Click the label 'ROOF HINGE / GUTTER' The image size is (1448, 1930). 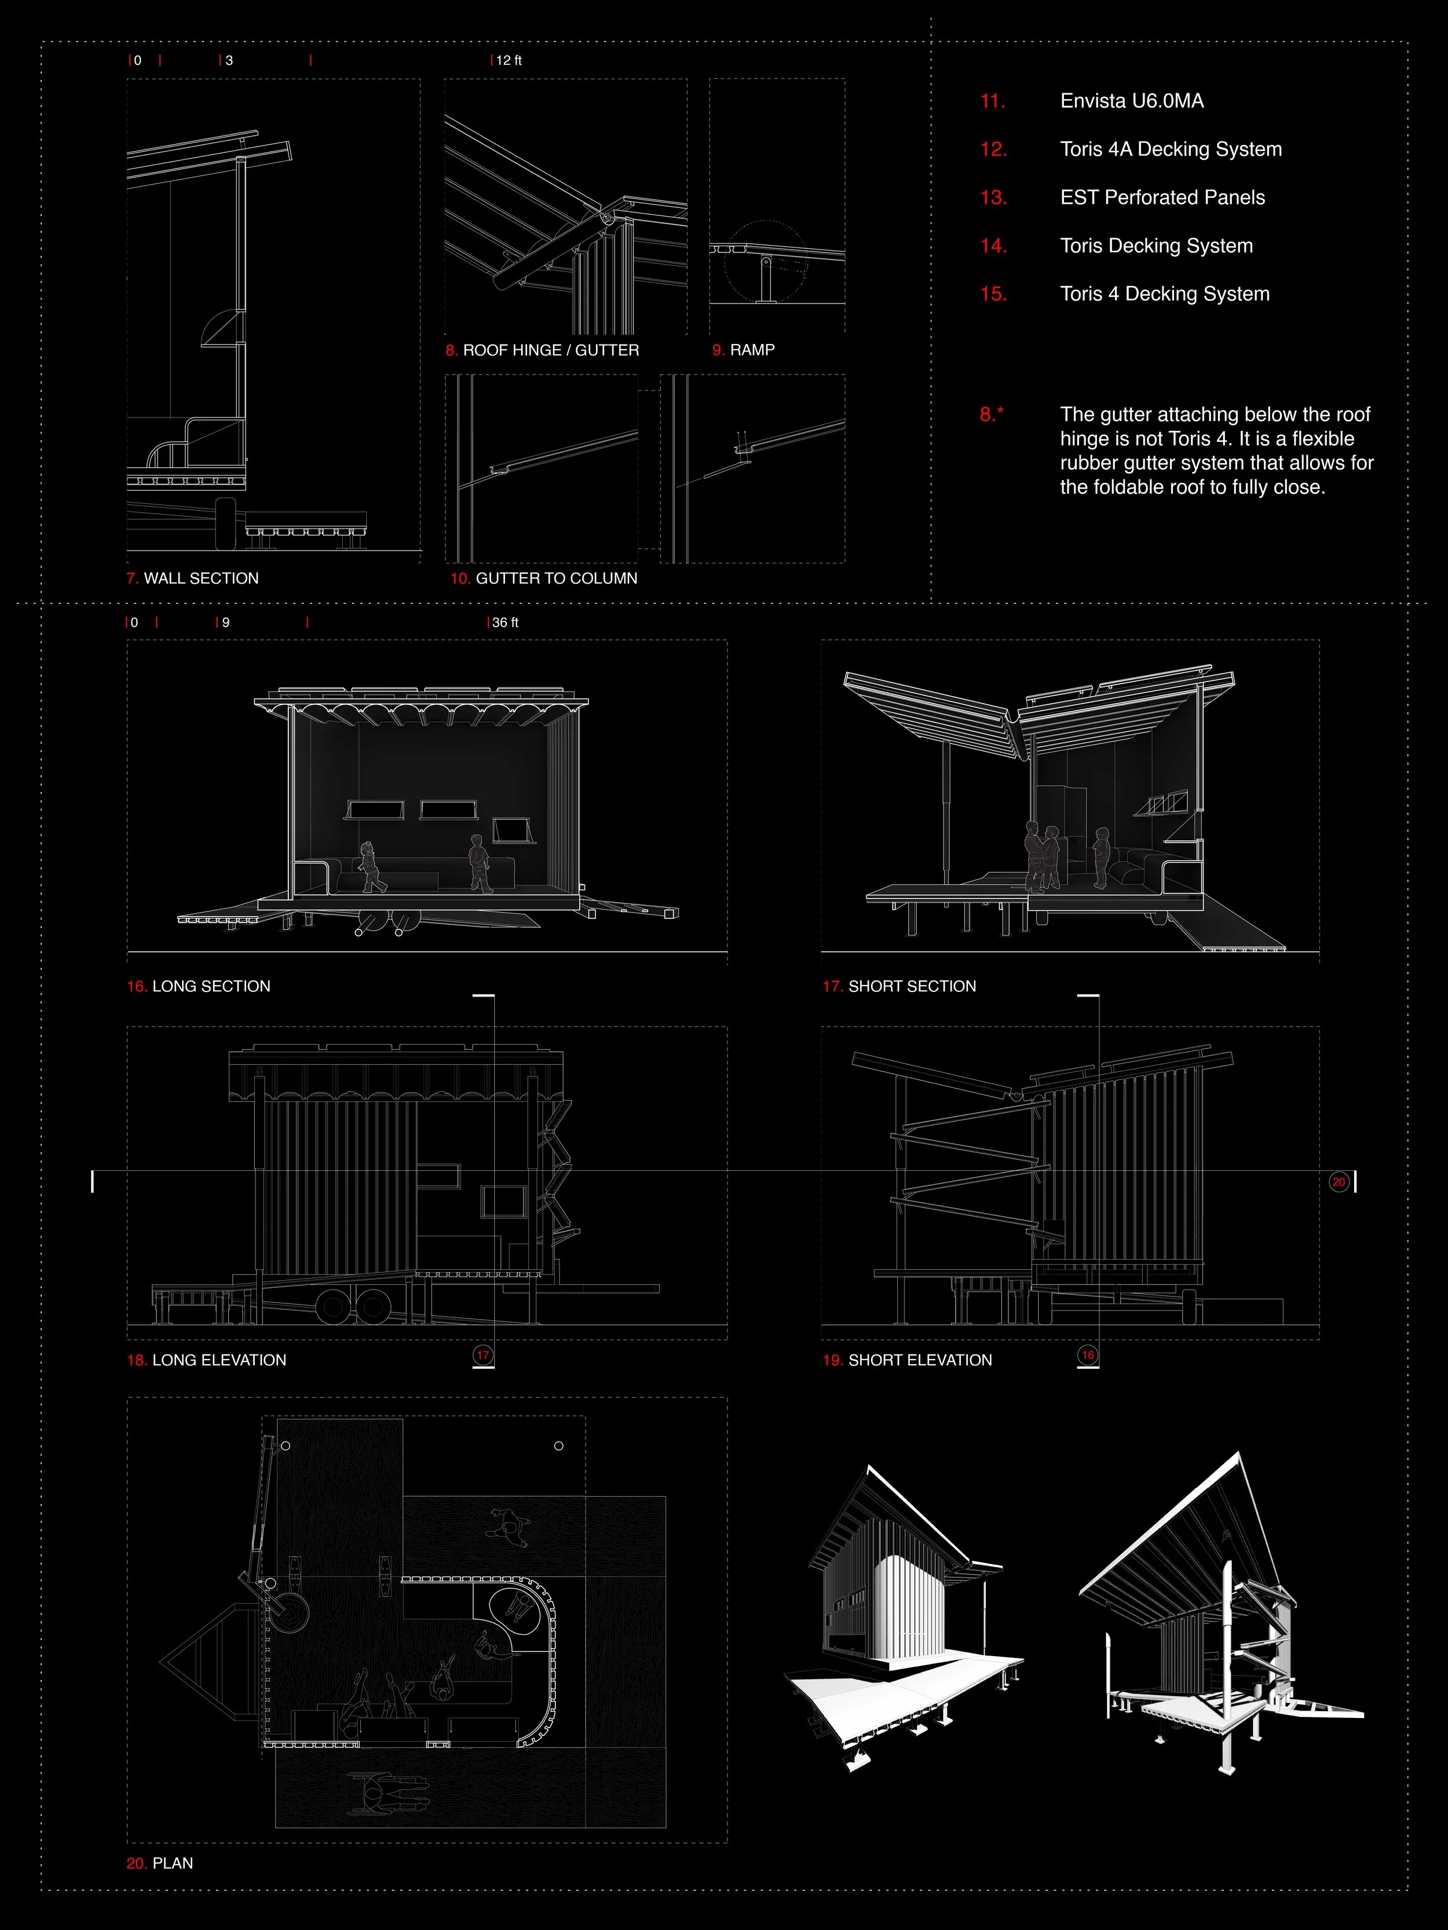551,350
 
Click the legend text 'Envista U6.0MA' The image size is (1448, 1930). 1131,101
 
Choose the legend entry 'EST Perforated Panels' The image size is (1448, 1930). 1162,197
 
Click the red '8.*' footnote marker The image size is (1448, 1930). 990,415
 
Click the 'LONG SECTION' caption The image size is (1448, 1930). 210,986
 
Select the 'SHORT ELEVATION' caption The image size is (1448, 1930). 920,1360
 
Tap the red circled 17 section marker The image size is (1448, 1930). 482,1354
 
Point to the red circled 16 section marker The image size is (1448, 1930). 1088,1354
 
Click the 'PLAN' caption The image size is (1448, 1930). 172,1863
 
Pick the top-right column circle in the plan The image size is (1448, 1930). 558,1446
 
